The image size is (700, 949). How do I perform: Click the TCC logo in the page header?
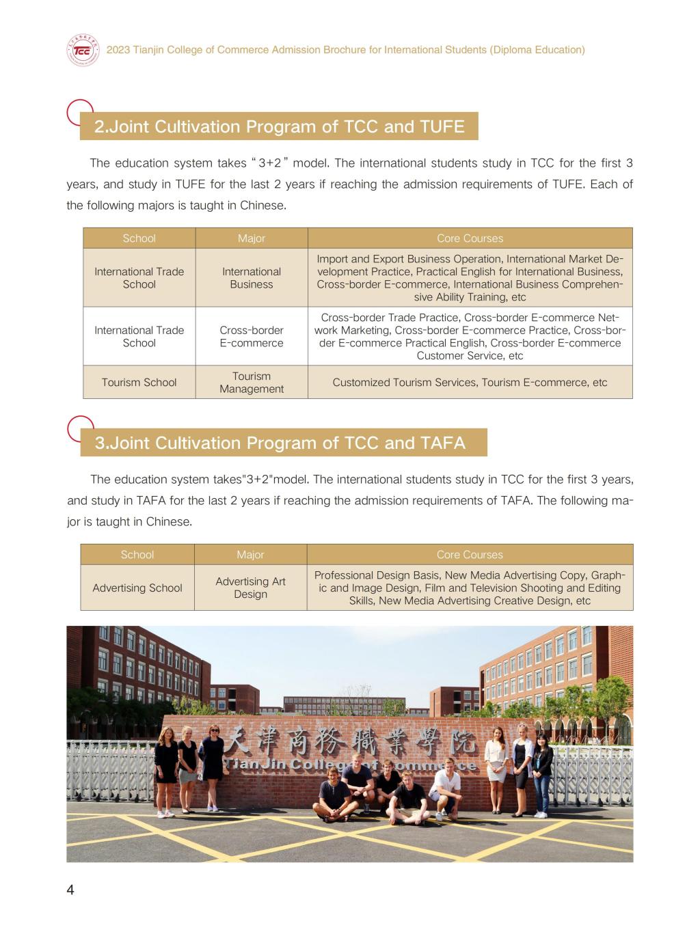[83, 51]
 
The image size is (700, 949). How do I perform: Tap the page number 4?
[70, 890]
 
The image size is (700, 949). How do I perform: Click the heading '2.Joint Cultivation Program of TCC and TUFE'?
[279, 127]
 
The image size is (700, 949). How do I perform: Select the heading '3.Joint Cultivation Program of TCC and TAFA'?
[280, 443]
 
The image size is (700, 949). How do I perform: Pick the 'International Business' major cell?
[251, 278]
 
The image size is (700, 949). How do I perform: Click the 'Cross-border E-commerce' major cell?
[251, 336]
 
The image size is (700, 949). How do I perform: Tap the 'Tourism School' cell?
[139, 383]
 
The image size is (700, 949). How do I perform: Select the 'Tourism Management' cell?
[251, 383]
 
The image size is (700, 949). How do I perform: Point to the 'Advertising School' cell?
[137, 588]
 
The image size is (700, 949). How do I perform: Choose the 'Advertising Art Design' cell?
[250, 588]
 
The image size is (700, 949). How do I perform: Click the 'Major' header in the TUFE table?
[251, 238]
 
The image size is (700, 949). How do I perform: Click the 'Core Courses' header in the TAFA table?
[470, 555]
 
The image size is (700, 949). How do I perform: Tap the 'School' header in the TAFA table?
[137, 555]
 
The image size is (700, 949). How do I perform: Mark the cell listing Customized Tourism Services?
[470, 383]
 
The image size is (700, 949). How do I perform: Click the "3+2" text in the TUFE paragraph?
[271, 163]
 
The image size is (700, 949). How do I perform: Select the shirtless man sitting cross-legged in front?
[333, 796]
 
